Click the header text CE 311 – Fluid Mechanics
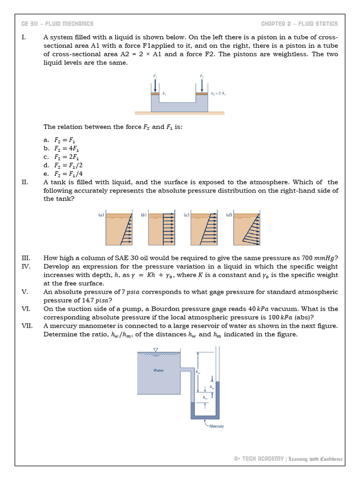click(x=57, y=24)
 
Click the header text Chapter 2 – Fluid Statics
click(x=299, y=24)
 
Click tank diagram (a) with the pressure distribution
click(x=119, y=228)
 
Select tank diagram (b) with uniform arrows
click(x=162, y=228)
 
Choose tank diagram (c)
click(x=204, y=228)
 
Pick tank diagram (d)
click(x=247, y=228)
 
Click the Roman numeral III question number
click(x=26, y=258)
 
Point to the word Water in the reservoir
click(x=158, y=370)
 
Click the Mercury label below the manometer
click(x=216, y=426)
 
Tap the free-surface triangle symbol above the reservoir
click(x=156, y=349)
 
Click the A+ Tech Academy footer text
click(x=259, y=458)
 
